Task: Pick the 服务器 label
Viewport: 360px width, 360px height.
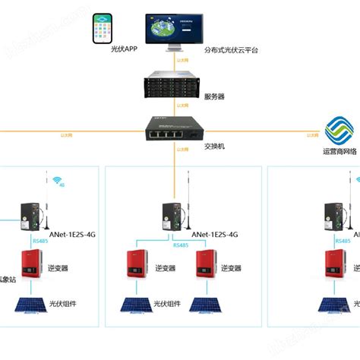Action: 215,97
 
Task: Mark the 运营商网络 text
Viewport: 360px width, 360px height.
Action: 339,150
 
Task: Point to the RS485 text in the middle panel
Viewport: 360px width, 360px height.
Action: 181,245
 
